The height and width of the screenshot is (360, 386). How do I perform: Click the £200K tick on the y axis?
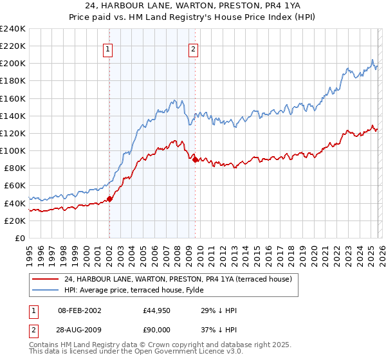click(13, 64)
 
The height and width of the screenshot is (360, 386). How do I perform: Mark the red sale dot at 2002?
click(109, 199)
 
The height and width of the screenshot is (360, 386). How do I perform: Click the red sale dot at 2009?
click(195, 159)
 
